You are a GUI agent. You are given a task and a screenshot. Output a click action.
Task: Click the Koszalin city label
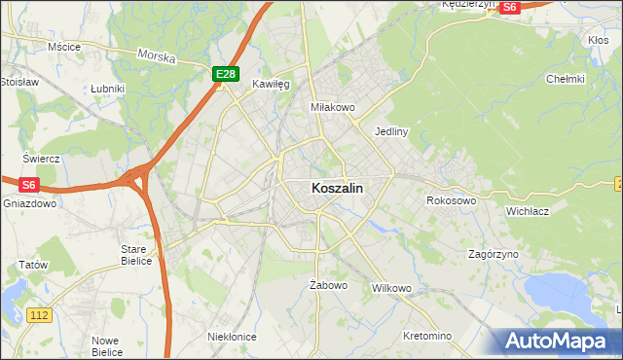coord(338,189)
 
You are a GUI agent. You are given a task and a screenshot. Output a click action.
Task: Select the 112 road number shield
coord(40,315)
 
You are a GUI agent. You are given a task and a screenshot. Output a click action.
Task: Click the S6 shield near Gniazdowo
coord(29,185)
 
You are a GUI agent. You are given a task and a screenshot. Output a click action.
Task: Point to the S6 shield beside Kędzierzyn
coord(510,6)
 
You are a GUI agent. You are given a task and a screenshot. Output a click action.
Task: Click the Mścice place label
coord(64,46)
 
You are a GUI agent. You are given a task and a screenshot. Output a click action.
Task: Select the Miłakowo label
coord(332,106)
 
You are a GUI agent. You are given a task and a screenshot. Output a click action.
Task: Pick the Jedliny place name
coord(390,130)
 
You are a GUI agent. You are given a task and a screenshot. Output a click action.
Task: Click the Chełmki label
coord(566,79)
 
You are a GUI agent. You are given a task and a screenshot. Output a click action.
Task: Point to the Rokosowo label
coord(451,200)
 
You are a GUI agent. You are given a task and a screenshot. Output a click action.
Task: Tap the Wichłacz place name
coord(529,210)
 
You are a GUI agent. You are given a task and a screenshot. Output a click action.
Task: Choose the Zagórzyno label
coord(493,253)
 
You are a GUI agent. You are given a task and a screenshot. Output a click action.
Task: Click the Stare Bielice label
coord(134,255)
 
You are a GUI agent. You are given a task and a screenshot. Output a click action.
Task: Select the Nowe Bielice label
coord(106,345)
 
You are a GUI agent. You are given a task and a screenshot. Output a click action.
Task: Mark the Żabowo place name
coord(328,285)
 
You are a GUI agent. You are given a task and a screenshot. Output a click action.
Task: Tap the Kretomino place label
coord(427,336)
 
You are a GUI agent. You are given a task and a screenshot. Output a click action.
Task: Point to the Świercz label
coord(42,158)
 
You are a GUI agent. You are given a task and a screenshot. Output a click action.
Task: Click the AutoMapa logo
coord(554,341)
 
